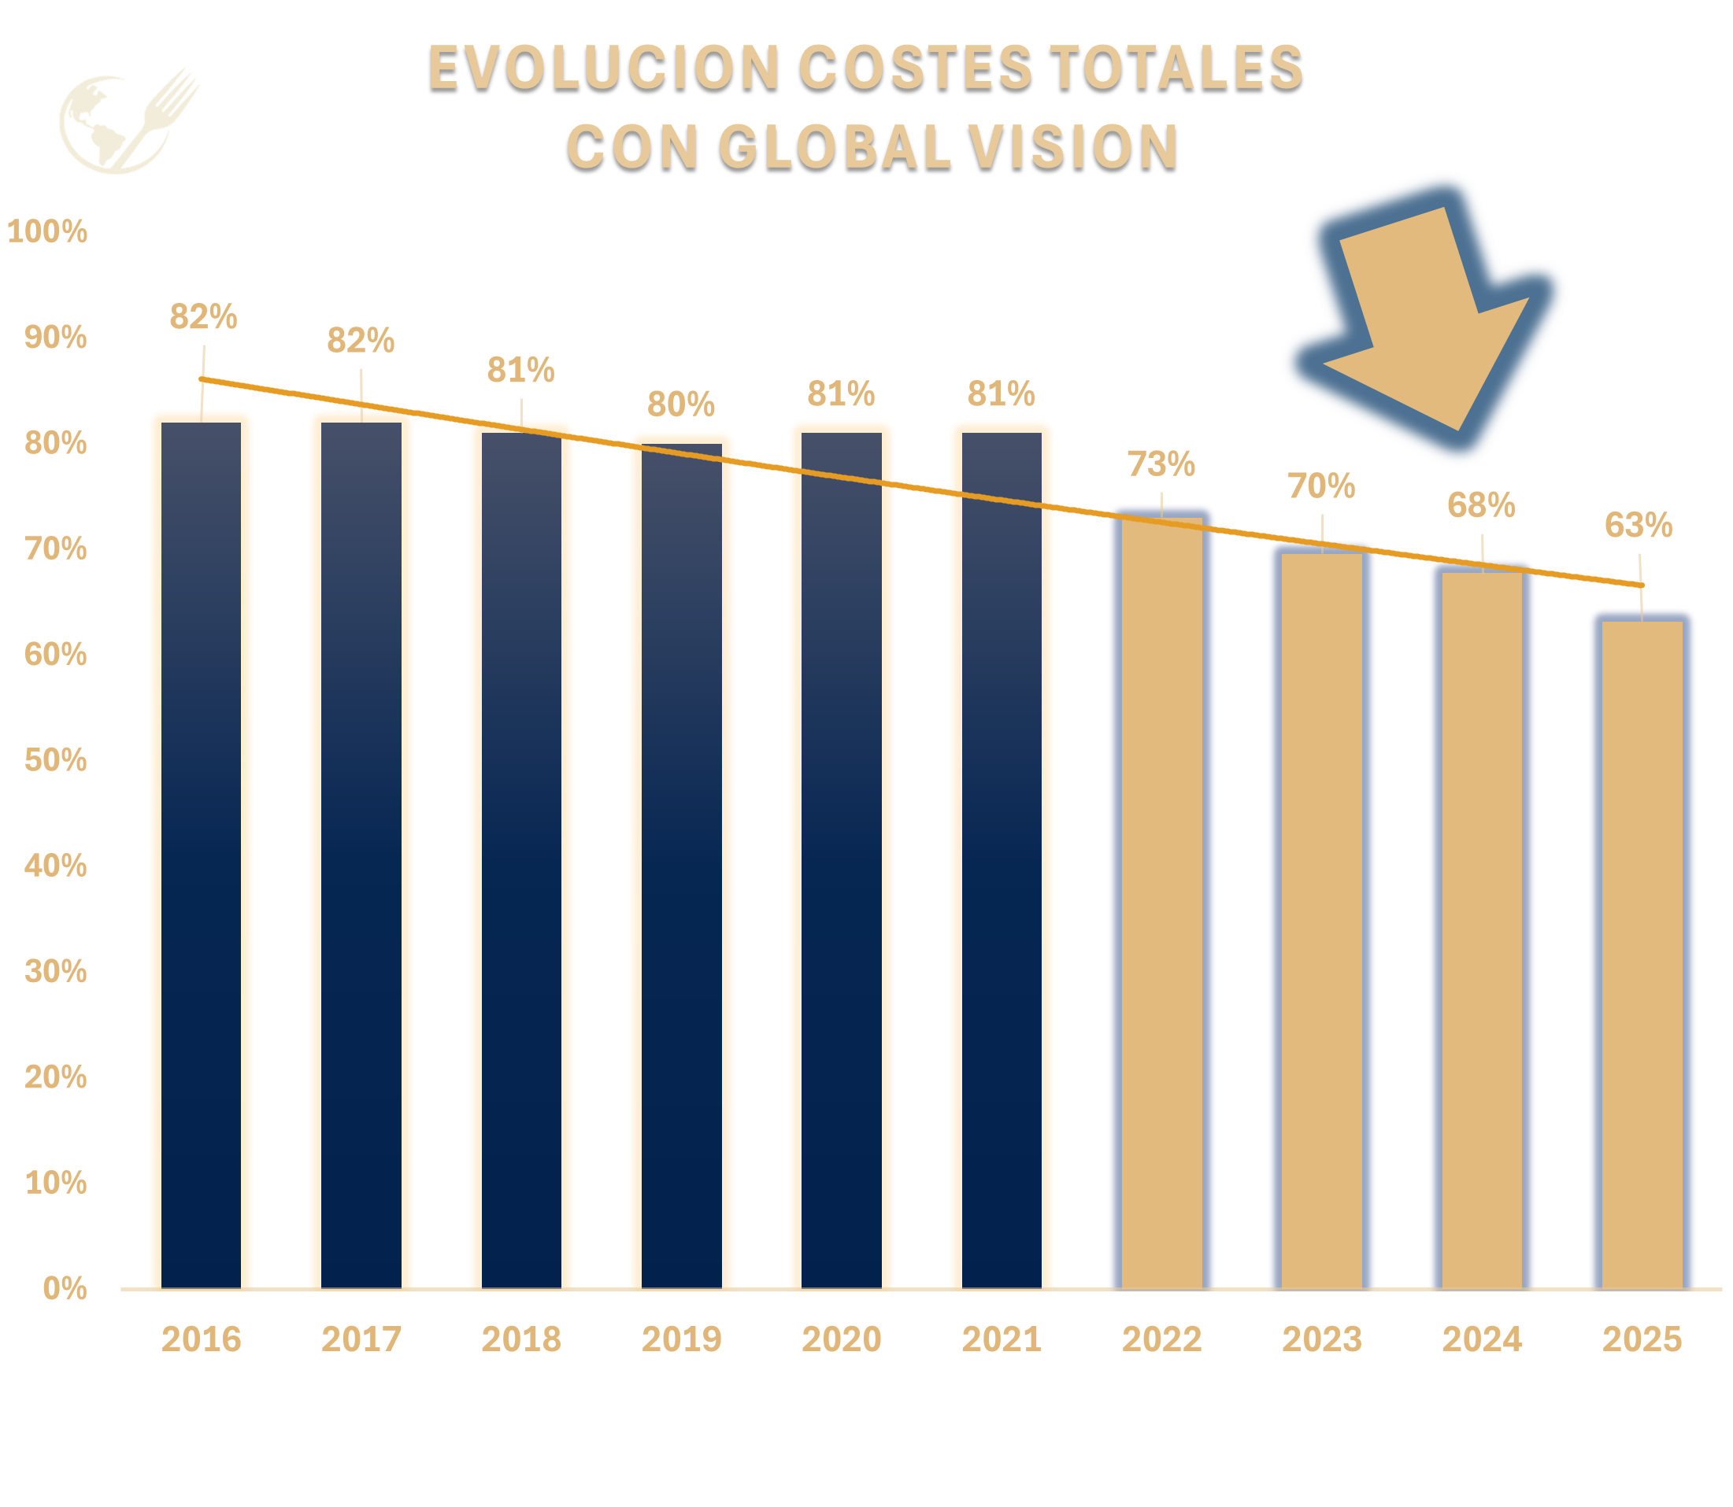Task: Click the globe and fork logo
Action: pos(128,121)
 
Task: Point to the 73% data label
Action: pos(1161,464)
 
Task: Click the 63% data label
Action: pos(1638,526)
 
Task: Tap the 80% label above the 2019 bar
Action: pos(680,404)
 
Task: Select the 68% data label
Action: pos(1480,505)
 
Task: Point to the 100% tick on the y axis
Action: pos(47,231)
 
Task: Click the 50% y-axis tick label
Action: pos(56,760)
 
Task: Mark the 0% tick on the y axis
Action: pos(65,1288)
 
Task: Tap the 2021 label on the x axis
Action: pos(1001,1339)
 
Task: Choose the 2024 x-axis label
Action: pos(1482,1339)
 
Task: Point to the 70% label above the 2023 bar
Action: pos(1320,486)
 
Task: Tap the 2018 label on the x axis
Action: pos(520,1339)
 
